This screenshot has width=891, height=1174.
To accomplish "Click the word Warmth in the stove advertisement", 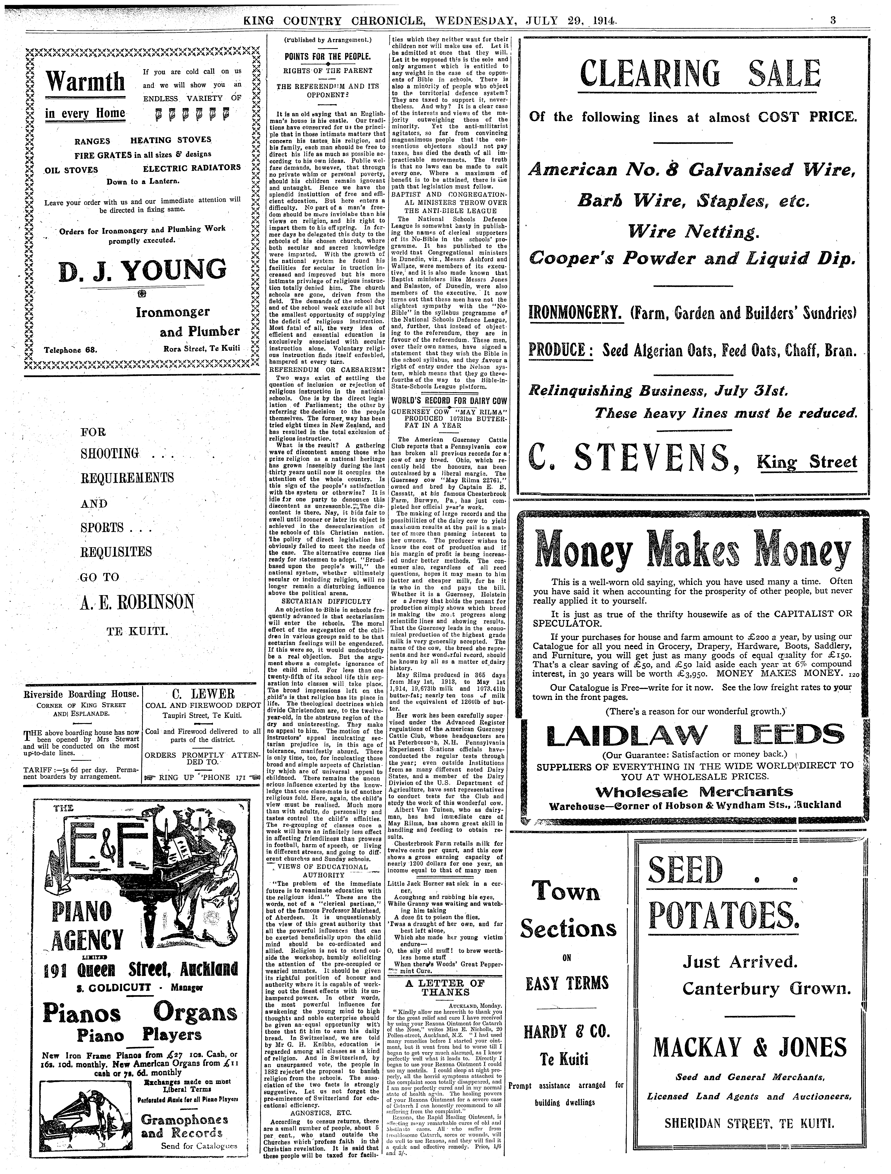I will pos(85,81).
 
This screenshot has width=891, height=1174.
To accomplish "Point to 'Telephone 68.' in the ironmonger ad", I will pos(70,350).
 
